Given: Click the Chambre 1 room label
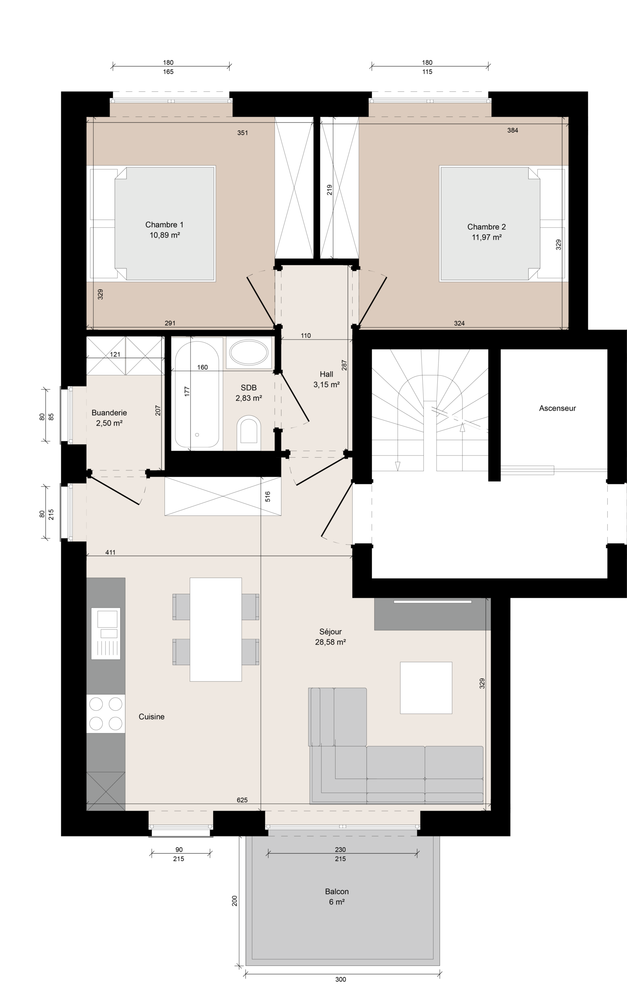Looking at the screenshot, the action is (164, 225).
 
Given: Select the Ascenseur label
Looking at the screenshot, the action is (557, 408).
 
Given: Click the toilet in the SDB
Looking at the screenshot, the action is (249, 433).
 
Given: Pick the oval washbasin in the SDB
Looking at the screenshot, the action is (248, 353).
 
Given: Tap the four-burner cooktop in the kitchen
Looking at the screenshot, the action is (106, 713).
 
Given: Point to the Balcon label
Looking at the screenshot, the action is (337, 892).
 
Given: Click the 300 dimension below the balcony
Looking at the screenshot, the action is (340, 979).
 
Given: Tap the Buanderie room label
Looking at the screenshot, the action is (109, 413).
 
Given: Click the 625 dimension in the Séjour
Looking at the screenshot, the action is (242, 801).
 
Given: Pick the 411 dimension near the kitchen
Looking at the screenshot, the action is (110, 553).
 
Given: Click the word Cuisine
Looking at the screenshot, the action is (151, 717).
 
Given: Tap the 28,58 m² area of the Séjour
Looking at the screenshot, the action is (331, 642).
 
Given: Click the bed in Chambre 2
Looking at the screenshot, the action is (502, 223).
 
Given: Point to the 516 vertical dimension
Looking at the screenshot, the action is (267, 496).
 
